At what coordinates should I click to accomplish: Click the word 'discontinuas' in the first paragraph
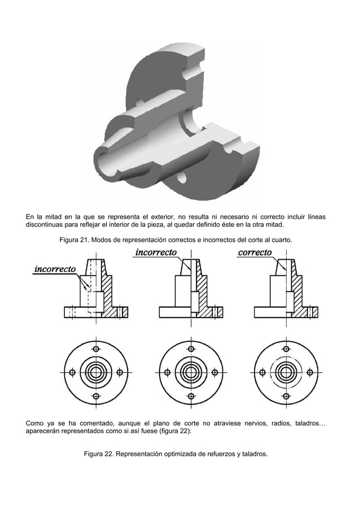point(46,224)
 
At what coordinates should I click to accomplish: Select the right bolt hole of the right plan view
point(311,372)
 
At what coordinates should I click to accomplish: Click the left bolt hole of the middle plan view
point(168,372)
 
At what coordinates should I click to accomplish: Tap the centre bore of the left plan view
point(95,372)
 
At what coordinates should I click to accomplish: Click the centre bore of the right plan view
point(287,372)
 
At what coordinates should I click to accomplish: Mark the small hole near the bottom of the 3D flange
point(182,178)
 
